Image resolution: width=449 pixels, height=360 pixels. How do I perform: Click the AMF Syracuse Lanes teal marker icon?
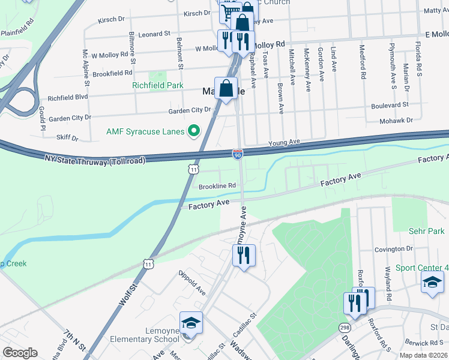click(x=194, y=130)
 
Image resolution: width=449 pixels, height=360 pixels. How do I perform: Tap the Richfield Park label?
click(x=158, y=86)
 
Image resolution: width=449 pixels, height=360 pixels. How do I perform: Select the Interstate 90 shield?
click(x=238, y=155)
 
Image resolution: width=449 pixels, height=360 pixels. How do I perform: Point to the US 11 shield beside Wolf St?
click(x=148, y=263)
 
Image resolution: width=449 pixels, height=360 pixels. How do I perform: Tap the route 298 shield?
click(x=345, y=328)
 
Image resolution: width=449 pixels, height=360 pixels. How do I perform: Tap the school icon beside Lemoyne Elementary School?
click(x=191, y=324)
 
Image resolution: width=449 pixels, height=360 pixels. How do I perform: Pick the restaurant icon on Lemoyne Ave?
click(x=244, y=256)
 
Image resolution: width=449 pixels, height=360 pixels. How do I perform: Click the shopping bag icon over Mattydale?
click(x=226, y=89)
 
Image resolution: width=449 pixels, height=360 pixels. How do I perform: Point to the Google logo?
click(x=20, y=353)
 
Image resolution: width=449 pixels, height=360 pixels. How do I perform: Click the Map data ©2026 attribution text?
click(x=424, y=355)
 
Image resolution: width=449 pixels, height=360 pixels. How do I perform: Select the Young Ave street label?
click(x=284, y=142)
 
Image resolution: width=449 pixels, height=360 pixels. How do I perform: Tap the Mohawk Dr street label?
click(x=402, y=120)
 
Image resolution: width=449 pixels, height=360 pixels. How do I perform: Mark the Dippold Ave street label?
click(x=192, y=283)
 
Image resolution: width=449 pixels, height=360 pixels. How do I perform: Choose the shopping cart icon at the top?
click(x=229, y=13)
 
